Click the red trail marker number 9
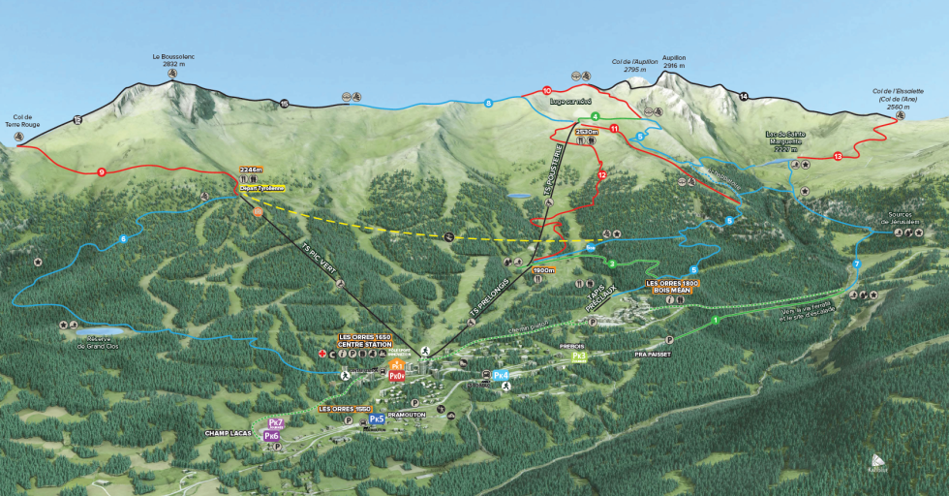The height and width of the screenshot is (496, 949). (x=101, y=172)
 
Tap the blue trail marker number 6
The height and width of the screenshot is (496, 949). (x=123, y=239)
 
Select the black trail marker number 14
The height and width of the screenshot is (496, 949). (x=744, y=96)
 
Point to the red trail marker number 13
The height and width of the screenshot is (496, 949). (x=838, y=156)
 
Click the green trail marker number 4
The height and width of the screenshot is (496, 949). (x=596, y=116)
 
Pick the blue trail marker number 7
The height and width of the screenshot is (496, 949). (x=856, y=264)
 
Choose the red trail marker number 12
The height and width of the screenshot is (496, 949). (x=601, y=175)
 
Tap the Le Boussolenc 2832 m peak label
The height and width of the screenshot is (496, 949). (x=173, y=62)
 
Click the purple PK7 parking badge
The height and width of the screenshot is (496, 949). (x=275, y=423)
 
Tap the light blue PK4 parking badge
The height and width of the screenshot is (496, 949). (x=501, y=375)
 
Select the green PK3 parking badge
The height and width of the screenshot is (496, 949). (x=579, y=356)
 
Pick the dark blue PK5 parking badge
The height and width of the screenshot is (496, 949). (x=377, y=419)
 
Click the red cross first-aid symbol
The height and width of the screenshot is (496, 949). (x=322, y=355)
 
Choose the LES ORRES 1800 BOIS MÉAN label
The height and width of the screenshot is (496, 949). (x=671, y=286)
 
